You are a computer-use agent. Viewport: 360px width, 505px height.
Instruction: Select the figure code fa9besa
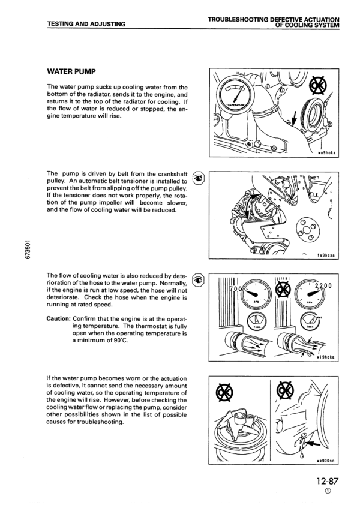(x=328, y=254)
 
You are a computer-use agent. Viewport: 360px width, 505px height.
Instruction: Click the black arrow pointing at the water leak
(x=310, y=443)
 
